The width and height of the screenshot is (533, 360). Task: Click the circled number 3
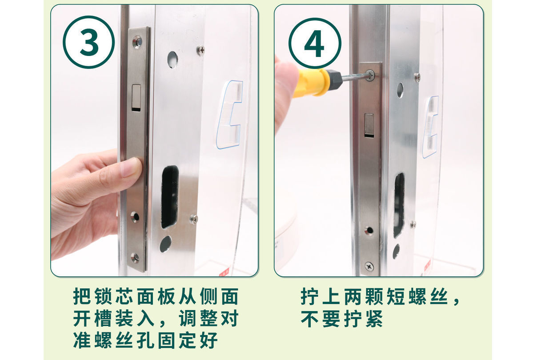pyautogui.click(x=89, y=42)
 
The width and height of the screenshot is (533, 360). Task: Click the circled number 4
pyautogui.click(x=315, y=44)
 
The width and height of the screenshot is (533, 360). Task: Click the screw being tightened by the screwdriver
pyautogui.click(x=370, y=75)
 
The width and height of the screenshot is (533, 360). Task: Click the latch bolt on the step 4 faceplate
pyautogui.click(x=369, y=124)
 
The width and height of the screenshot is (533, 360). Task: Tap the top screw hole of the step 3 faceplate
pyautogui.click(x=137, y=41)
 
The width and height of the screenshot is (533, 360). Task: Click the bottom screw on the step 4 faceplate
pyautogui.click(x=369, y=266)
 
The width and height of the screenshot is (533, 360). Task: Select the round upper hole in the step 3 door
pyautogui.click(x=172, y=60)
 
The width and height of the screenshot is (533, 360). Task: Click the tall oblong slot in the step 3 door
pyautogui.click(x=170, y=197)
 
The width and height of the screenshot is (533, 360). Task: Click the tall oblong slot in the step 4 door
pyautogui.click(x=399, y=204)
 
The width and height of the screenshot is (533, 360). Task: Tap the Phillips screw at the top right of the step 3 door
pyautogui.click(x=201, y=50)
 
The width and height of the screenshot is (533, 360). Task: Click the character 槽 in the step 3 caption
pyautogui.click(x=103, y=318)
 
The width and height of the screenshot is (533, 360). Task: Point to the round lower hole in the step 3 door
pyautogui.click(x=166, y=244)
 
